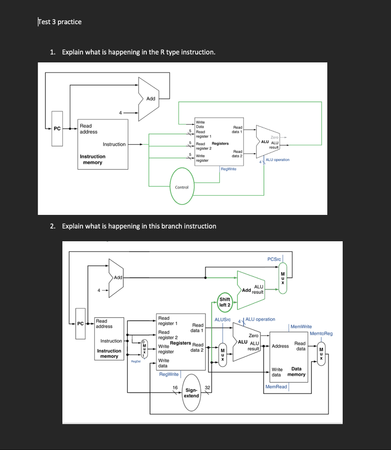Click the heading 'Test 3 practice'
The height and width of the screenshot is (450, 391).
click(60, 22)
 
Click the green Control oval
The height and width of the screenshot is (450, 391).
click(181, 187)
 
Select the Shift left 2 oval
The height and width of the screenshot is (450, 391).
click(224, 302)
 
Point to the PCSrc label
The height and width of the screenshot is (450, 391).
click(274, 259)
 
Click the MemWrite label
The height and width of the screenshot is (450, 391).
click(301, 327)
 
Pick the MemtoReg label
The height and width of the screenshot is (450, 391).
click(321, 334)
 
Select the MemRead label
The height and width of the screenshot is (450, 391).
click(276, 387)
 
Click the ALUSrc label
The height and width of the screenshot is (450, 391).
click(222, 319)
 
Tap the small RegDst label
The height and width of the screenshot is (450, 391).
click(135, 361)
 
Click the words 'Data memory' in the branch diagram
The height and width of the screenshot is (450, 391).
click(296, 372)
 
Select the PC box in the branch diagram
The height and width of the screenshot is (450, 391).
click(80, 324)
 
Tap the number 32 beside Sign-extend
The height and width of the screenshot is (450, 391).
click(208, 388)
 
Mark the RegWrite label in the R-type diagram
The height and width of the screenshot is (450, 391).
click(228, 169)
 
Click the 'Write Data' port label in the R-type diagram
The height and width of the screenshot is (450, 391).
click(200, 124)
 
